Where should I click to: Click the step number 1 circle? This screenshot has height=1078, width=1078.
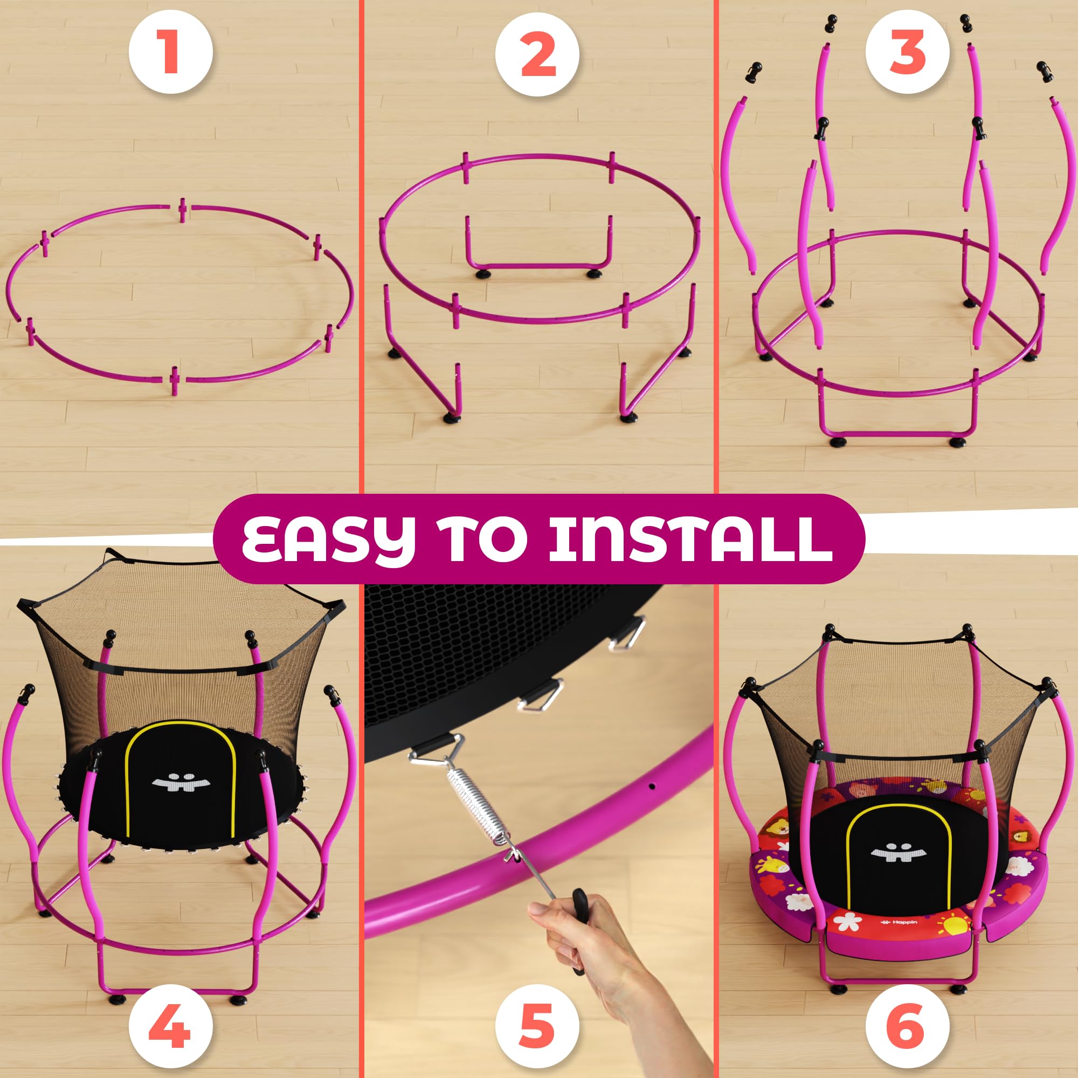coord(171,54)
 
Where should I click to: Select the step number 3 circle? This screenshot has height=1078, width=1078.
coord(908,54)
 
